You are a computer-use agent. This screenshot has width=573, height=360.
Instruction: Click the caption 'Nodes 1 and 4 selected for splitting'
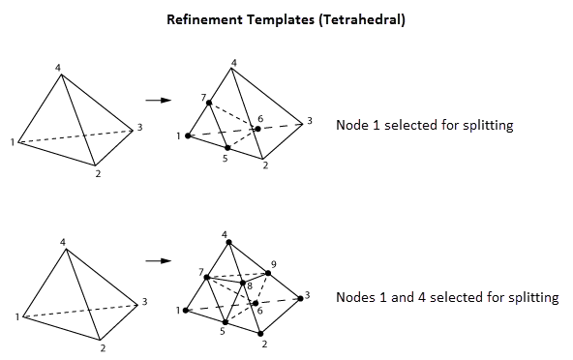point(447,297)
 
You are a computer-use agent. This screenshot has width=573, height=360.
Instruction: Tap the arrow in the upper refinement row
point(158,100)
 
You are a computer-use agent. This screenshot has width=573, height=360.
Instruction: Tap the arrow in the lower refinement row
point(158,260)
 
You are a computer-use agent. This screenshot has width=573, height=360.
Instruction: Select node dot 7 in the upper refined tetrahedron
point(208,103)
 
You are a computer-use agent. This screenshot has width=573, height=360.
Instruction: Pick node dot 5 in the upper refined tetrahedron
point(226,148)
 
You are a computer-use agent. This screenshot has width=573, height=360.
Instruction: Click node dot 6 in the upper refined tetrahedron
point(257,129)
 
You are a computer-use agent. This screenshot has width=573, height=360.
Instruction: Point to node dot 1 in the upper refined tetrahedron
point(188,135)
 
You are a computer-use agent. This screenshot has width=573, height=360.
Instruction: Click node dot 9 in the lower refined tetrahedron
point(269,274)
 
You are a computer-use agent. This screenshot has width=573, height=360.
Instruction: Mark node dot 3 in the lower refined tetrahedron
point(301,297)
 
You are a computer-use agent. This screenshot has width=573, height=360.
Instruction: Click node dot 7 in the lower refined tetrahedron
point(207,278)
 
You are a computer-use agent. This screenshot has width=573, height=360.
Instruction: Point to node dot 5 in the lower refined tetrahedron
point(226,322)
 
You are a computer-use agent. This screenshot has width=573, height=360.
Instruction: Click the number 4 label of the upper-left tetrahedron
point(58,67)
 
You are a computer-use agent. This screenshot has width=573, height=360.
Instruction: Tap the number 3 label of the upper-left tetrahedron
point(140,128)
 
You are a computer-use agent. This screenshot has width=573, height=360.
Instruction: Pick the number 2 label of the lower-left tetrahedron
point(104,347)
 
